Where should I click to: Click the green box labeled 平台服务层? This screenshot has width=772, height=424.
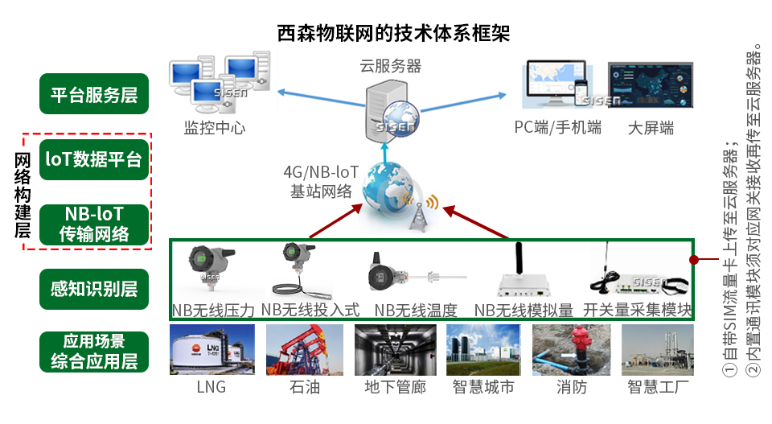[95, 95]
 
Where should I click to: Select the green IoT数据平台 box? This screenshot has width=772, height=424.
[95, 159]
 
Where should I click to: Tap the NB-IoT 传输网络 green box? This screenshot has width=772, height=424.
[95, 224]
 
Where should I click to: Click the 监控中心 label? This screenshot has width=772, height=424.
[214, 128]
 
